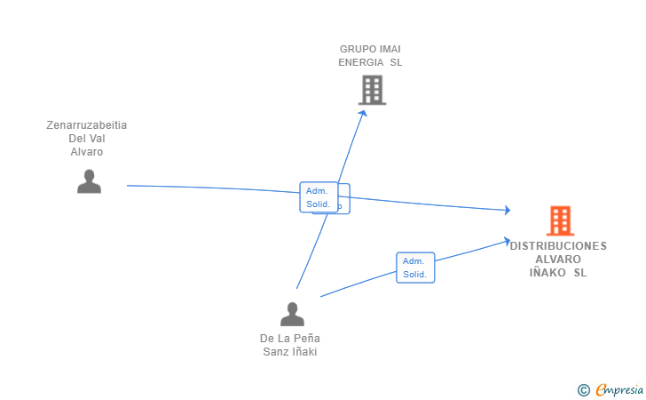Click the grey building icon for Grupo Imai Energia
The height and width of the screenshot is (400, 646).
click(372, 90)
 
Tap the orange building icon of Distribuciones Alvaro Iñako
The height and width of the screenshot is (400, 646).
click(559, 220)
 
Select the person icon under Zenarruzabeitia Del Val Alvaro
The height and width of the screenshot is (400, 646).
click(89, 181)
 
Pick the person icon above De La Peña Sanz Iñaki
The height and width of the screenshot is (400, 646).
click(292, 314)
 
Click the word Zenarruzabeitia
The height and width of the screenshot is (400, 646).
click(87, 125)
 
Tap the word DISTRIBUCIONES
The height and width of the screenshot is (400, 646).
click(558, 246)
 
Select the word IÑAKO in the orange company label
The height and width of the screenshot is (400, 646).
click(547, 273)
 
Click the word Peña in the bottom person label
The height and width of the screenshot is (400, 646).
click(307, 338)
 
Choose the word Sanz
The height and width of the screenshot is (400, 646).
click(276, 351)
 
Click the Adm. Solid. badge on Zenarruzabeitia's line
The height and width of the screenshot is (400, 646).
click(317, 197)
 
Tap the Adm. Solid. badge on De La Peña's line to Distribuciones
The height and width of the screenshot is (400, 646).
click(414, 268)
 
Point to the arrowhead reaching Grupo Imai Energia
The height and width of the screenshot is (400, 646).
click(363, 113)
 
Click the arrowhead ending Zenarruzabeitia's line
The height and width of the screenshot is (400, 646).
click(507, 210)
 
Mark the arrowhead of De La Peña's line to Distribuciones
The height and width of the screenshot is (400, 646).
click(506, 241)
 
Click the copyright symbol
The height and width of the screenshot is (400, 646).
click(583, 389)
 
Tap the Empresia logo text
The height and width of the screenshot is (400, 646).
click(618, 389)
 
